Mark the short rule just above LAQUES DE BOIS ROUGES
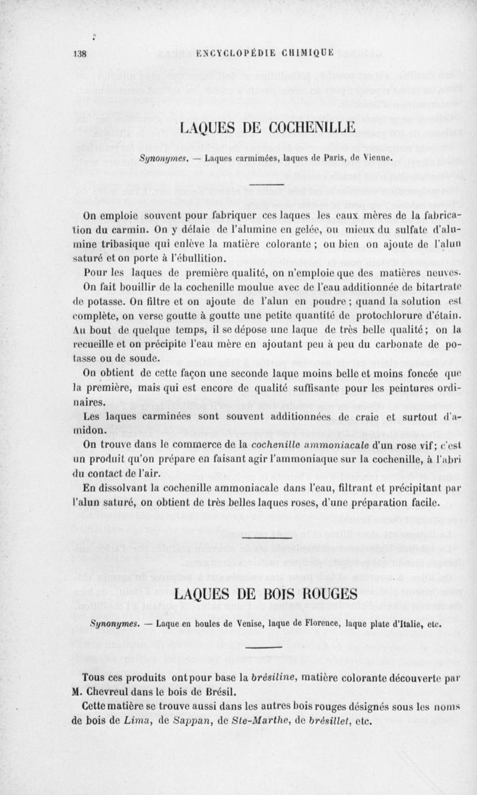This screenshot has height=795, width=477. coord(262,539)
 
